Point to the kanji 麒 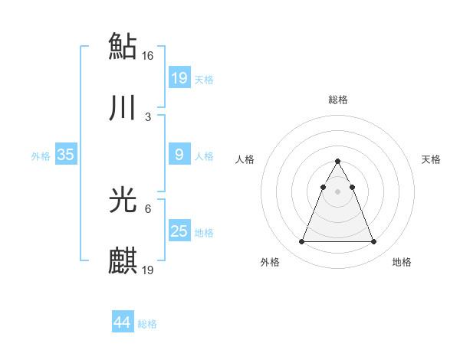pyautogui.click(x=123, y=261)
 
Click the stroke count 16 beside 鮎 pyautogui.click(x=149, y=55)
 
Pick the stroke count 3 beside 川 pyautogui.click(x=147, y=117)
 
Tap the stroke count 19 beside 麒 pyautogui.click(x=149, y=270)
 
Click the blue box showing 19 pyautogui.click(x=179, y=77)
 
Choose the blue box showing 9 pyautogui.click(x=179, y=155)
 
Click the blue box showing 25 pyautogui.click(x=179, y=231)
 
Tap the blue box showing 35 pyautogui.click(x=66, y=155)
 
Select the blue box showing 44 pyautogui.click(x=122, y=322)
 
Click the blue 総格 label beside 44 pyautogui.click(x=148, y=324)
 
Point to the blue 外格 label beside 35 pyautogui.click(x=41, y=156)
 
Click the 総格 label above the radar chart pyautogui.click(x=338, y=100)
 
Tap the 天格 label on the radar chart pyautogui.click(x=432, y=159)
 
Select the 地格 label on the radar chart pyautogui.click(x=402, y=262)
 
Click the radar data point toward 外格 pyautogui.click(x=302, y=242)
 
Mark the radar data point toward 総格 pyautogui.click(x=338, y=162)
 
